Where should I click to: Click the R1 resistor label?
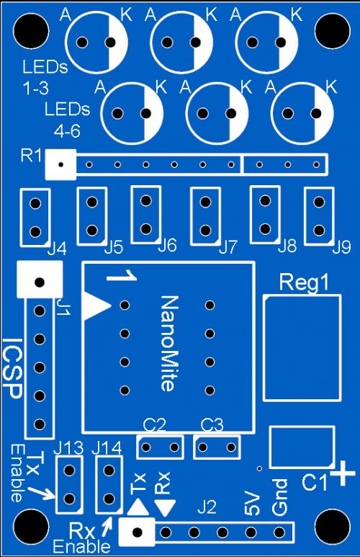click(x=31, y=156)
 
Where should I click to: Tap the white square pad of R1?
click(x=60, y=164)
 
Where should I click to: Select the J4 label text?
click(x=57, y=250)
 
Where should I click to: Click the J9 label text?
click(x=341, y=247)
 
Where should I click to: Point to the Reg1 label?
click(x=304, y=282)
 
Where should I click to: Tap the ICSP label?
click(x=13, y=368)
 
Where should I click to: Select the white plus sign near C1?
click(x=343, y=473)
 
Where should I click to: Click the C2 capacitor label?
click(x=154, y=425)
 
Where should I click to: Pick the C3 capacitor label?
click(x=212, y=425)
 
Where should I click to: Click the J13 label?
click(x=68, y=448)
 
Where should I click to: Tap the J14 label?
click(x=107, y=448)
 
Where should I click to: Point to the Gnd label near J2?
click(x=279, y=497)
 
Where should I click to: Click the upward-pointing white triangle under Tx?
click(x=138, y=507)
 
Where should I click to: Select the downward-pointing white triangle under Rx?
click(x=166, y=508)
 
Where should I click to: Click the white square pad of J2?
click(x=137, y=532)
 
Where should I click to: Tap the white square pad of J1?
click(x=40, y=280)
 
